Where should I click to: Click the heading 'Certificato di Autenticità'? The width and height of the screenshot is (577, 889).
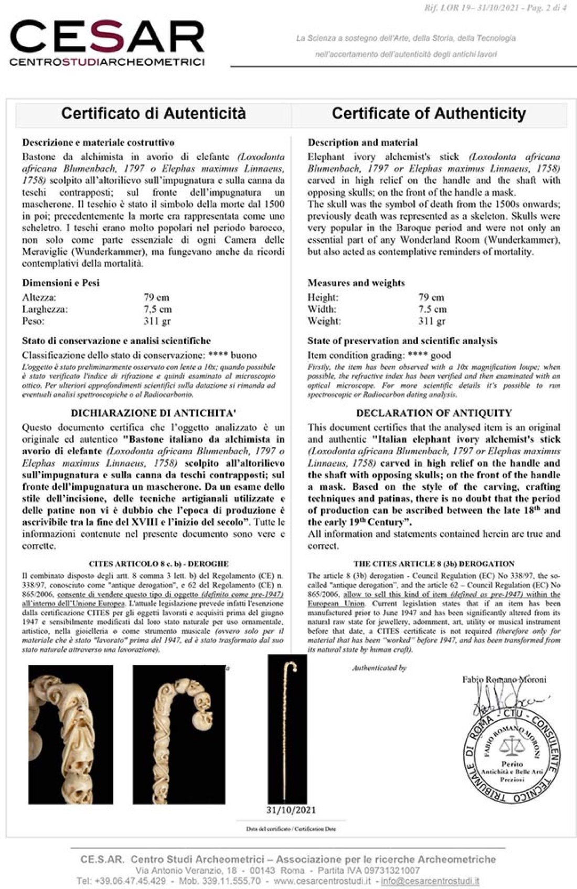pyautogui.click(x=153, y=113)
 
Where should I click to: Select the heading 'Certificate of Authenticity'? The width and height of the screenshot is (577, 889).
pyautogui.click(x=429, y=113)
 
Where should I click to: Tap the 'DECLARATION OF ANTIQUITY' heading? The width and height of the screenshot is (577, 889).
pyautogui.click(x=434, y=413)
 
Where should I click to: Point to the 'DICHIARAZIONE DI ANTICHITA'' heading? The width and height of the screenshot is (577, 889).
pyautogui.click(x=153, y=413)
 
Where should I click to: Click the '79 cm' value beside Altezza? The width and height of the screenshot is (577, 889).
pyautogui.click(x=156, y=297)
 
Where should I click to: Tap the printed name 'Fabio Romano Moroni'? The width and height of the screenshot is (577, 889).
pyautogui.click(x=504, y=680)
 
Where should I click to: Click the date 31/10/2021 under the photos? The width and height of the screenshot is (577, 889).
pyautogui.click(x=291, y=810)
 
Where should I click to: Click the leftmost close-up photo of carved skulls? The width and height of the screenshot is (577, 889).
pyautogui.click(x=70, y=735)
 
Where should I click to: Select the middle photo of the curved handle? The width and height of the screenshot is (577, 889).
pyautogui.click(x=179, y=735)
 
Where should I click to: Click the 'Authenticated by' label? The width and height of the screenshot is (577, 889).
pyautogui.click(x=379, y=668)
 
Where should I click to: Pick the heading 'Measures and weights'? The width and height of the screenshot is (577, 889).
pyautogui.click(x=356, y=283)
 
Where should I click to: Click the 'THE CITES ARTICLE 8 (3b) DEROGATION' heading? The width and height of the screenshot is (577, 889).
pyautogui.click(x=434, y=564)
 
